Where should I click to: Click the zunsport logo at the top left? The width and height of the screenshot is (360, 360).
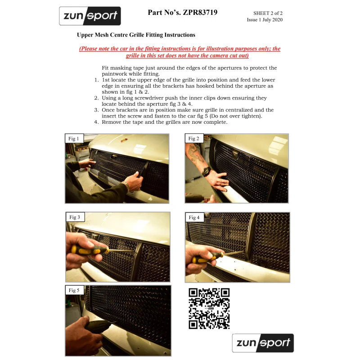(x=90, y=16)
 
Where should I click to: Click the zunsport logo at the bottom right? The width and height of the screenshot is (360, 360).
(x=263, y=343)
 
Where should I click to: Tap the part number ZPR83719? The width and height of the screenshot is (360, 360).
(x=200, y=13)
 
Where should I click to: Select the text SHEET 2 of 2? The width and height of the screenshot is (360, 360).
(x=268, y=13)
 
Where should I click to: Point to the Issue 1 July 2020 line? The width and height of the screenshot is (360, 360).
(x=265, y=20)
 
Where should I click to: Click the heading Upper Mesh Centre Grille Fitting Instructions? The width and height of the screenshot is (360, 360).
(x=136, y=35)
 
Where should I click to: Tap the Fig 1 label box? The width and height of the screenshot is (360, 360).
(x=74, y=139)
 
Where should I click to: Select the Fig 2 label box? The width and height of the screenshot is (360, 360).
(x=194, y=139)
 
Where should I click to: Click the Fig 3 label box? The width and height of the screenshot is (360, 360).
(x=75, y=217)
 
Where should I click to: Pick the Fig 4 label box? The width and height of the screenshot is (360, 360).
(x=194, y=217)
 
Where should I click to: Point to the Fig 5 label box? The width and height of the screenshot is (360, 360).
(x=74, y=290)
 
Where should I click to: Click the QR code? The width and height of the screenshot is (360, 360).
(x=209, y=309)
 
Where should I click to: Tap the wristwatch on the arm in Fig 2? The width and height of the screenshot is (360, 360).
(x=206, y=171)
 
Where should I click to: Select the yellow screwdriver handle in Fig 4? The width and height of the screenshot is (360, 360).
(x=207, y=257)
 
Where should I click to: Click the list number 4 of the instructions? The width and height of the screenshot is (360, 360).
(x=96, y=122)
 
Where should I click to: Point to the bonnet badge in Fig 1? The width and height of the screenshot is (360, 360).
(x=124, y=140)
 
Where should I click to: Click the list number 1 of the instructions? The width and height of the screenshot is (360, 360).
(x=96, y=80)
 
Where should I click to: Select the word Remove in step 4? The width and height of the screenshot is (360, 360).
(x=110, y=122)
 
